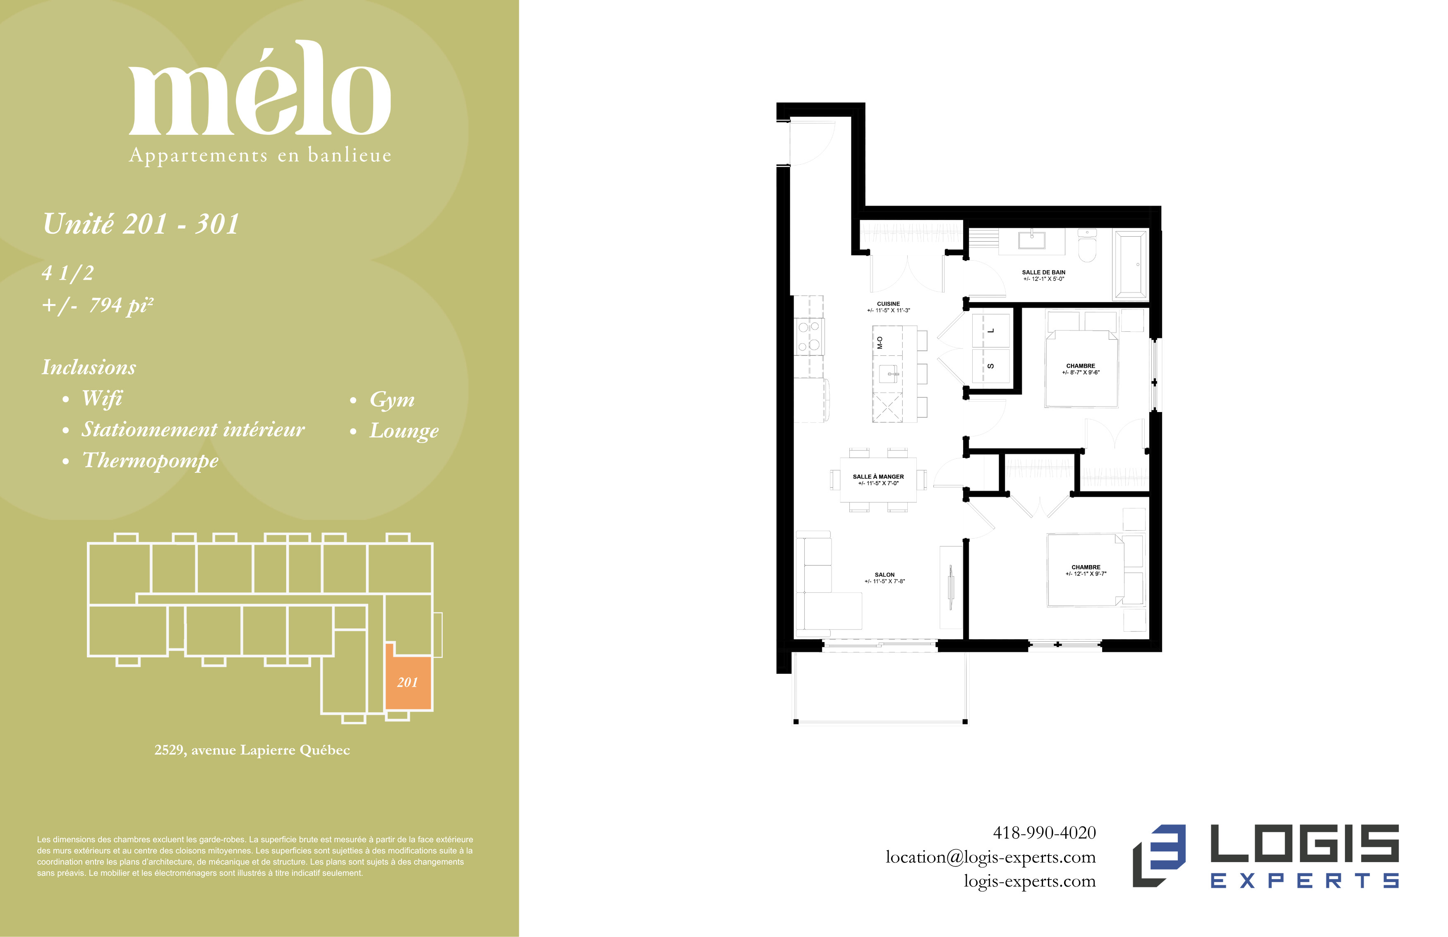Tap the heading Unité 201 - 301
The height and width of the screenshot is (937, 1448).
pos(141,223)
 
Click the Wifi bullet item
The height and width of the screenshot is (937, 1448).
pos(102,398)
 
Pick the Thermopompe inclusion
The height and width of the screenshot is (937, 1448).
pos(150,460)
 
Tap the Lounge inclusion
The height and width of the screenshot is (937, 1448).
pos(404,431)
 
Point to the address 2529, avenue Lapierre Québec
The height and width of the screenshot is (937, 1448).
pos(252,750)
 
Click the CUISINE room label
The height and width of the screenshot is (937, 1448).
pos(888,304)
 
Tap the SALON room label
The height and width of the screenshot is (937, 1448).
pos(885,574)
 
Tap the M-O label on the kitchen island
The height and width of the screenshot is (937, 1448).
pos(880,343)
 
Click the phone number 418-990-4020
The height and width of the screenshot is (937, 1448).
pos(1044,832)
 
